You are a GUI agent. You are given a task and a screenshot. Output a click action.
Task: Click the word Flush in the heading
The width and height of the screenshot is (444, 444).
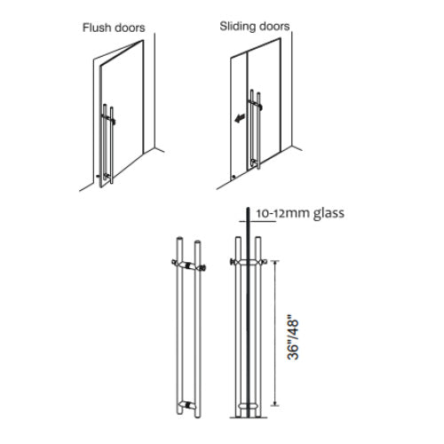94,28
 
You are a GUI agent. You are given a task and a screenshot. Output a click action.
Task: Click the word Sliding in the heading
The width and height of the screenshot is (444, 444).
235,27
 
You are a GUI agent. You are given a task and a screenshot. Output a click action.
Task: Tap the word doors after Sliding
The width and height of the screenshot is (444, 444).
272,27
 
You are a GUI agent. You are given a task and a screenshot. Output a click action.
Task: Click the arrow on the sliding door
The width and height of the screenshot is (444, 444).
240,118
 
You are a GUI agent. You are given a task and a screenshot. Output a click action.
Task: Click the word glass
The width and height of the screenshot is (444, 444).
329,214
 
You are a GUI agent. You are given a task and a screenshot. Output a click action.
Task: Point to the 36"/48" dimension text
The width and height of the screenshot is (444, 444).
293,339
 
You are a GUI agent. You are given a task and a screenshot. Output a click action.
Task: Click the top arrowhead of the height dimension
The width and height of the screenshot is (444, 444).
275,263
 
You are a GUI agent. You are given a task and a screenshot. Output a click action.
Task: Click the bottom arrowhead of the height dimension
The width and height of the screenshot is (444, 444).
275,403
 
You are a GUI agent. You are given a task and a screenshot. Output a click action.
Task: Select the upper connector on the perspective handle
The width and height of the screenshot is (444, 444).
188,265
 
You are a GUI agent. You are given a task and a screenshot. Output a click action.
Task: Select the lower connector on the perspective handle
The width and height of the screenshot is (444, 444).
188,405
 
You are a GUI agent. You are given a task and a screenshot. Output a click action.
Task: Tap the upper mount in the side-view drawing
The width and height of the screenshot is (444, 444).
249,262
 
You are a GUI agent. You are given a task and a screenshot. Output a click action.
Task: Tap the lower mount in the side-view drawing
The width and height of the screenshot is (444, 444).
249,405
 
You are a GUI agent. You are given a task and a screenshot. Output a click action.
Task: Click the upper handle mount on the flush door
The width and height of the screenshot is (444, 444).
108,118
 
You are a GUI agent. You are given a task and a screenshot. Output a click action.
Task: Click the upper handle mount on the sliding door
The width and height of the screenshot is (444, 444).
255,104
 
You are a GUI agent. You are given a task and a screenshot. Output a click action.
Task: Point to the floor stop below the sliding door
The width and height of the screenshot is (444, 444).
234,177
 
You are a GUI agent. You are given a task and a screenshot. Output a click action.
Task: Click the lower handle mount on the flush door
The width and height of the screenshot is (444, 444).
106,177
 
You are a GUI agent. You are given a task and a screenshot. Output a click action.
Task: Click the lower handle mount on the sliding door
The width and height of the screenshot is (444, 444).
254,163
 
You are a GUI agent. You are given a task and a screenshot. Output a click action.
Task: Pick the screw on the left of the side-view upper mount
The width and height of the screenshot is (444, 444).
233,262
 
